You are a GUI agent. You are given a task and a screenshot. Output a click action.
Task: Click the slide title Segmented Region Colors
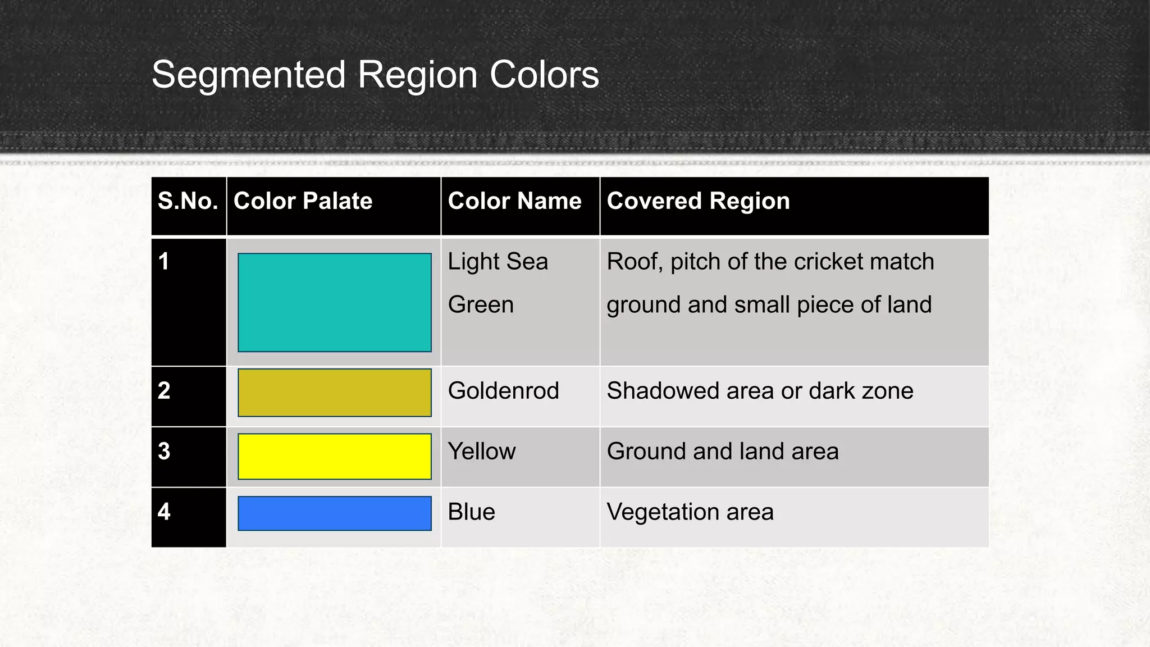coord(375,75)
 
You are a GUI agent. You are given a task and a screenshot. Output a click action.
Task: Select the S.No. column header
coord(188,201)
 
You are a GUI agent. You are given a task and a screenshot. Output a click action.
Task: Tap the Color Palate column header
coord(303,201)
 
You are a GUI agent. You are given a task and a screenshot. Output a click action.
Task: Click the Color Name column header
coord(514,201)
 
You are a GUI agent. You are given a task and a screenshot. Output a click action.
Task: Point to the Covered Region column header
coord(698,201)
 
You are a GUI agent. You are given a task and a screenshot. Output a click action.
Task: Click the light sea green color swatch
coord(335,303)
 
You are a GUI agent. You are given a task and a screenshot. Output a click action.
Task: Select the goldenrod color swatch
coord(335,393)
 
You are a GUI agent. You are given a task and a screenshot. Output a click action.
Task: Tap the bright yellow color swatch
coord(335,456)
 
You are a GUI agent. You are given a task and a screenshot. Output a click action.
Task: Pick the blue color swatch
coord(335,513)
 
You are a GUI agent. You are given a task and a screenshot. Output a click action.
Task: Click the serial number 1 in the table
coord(163,262)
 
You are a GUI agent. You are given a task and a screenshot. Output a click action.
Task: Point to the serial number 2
coord(164,391)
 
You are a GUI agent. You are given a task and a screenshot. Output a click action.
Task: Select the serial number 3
coord(164,452)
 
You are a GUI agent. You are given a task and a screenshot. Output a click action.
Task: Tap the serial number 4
coord(164,512)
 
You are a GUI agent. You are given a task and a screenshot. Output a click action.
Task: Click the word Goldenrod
coord(503,391)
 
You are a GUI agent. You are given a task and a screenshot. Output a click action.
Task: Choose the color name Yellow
coord(481,452)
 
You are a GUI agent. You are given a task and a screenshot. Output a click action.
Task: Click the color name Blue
coord(471,512)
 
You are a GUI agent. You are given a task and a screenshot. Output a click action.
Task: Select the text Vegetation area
coord(690,512)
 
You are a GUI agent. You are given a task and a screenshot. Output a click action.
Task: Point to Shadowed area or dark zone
coord(760,391)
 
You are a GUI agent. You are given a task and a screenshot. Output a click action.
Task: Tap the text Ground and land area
coord(723,452)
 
